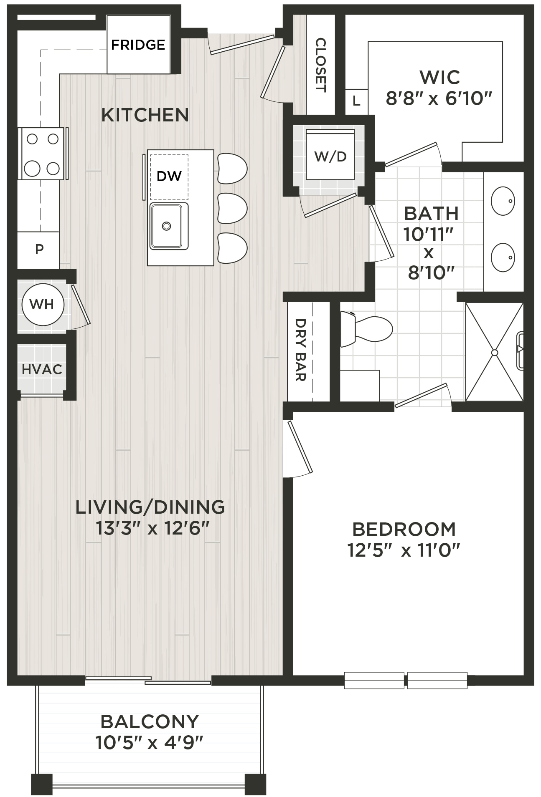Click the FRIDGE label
pyautogui.click(x=138, y=45)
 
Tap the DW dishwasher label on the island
pyautogui.click(x=169, y=176)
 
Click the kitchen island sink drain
pyautogui.click(x=166, y=226)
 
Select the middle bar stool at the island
pyautogui.click(x=232, y=208)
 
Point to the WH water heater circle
pyautogui.click(x=43, y=305)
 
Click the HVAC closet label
pyautogui.click(x=42, y=369)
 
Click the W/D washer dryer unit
pyautogui.click(x=330, y=154)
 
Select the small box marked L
pyautogui.click(x=356, y=101)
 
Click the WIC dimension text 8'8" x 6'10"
pyautogui.click(x=439, y=99)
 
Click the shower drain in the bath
pyautogui.click(x=495, y=353)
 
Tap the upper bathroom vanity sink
pyautogui.click(x=503, y=201)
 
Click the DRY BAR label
pyautogui.click(x=301, y=350)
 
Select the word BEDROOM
pyautogui.click(x=404, y=529)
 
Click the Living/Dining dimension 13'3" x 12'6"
pyautogui.click(x=152, y=528)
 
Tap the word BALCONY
pyautogui.click(x=150, y=721)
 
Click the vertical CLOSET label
pyautogui.click(x=320, y=65)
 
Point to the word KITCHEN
pyautogui.click(x=145, y=115)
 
